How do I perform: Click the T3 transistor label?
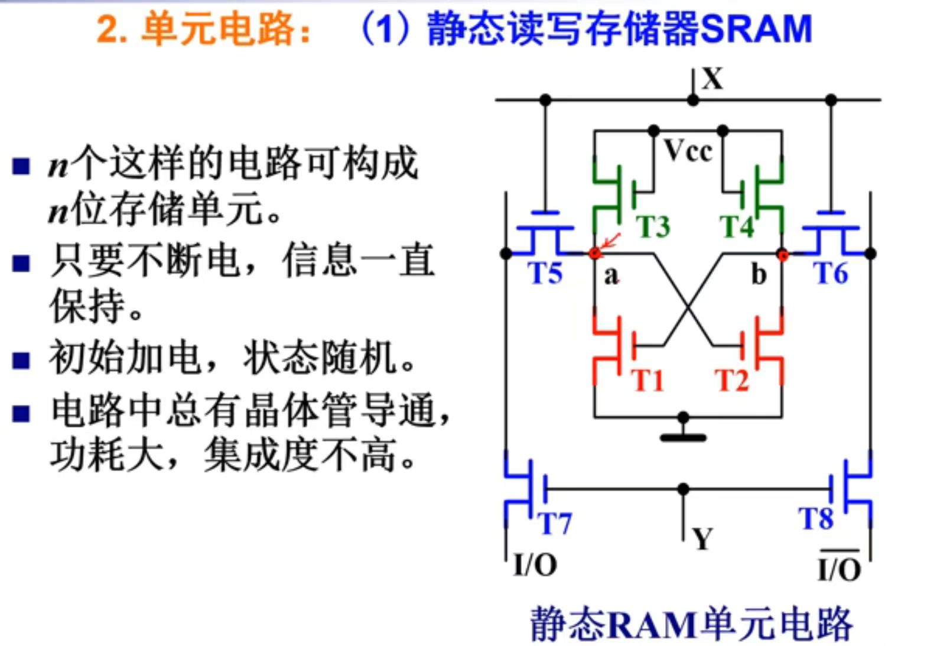coord(653,226)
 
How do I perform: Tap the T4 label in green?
coord(737,226)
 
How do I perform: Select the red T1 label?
coord(648,380)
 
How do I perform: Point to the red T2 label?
coord(732,380)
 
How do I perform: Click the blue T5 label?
coord(545,274)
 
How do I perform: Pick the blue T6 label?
coord(831,274)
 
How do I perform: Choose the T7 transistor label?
coord(554,523)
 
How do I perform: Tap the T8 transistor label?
coord(816,518)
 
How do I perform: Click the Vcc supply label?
coord(688,151)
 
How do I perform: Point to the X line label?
coord(712,79)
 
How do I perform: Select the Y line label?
coord(702,539)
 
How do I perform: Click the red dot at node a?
coord(594,254)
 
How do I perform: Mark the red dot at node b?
coord(783,255)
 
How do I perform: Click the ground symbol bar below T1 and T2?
coord(683,438)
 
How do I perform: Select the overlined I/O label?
coord(839,569)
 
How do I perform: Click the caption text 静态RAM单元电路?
coord(691,624)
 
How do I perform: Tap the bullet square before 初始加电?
coord(21,360)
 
